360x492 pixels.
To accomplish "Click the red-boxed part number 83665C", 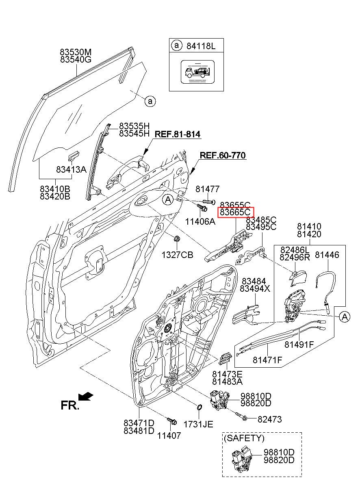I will point(236,212).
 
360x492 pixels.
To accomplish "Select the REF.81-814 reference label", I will point(178,134).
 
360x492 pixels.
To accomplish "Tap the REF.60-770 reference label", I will point(223,155).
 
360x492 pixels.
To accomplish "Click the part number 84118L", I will point(201,46).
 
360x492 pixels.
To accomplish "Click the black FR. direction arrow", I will point(85,396).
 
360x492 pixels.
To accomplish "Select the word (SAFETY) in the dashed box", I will point(244,438).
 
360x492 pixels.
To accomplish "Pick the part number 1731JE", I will point(198,424).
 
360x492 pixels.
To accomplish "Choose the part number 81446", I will point(327,255).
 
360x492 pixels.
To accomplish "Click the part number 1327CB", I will point(178,255).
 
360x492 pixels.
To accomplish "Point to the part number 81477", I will point(207,189).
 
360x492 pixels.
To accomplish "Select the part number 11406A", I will point(200,221).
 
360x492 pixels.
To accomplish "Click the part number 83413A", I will point(71,169).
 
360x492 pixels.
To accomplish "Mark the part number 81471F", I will point(267,360).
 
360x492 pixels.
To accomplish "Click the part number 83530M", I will point(76,52).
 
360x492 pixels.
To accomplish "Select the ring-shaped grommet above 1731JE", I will point(199,407).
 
